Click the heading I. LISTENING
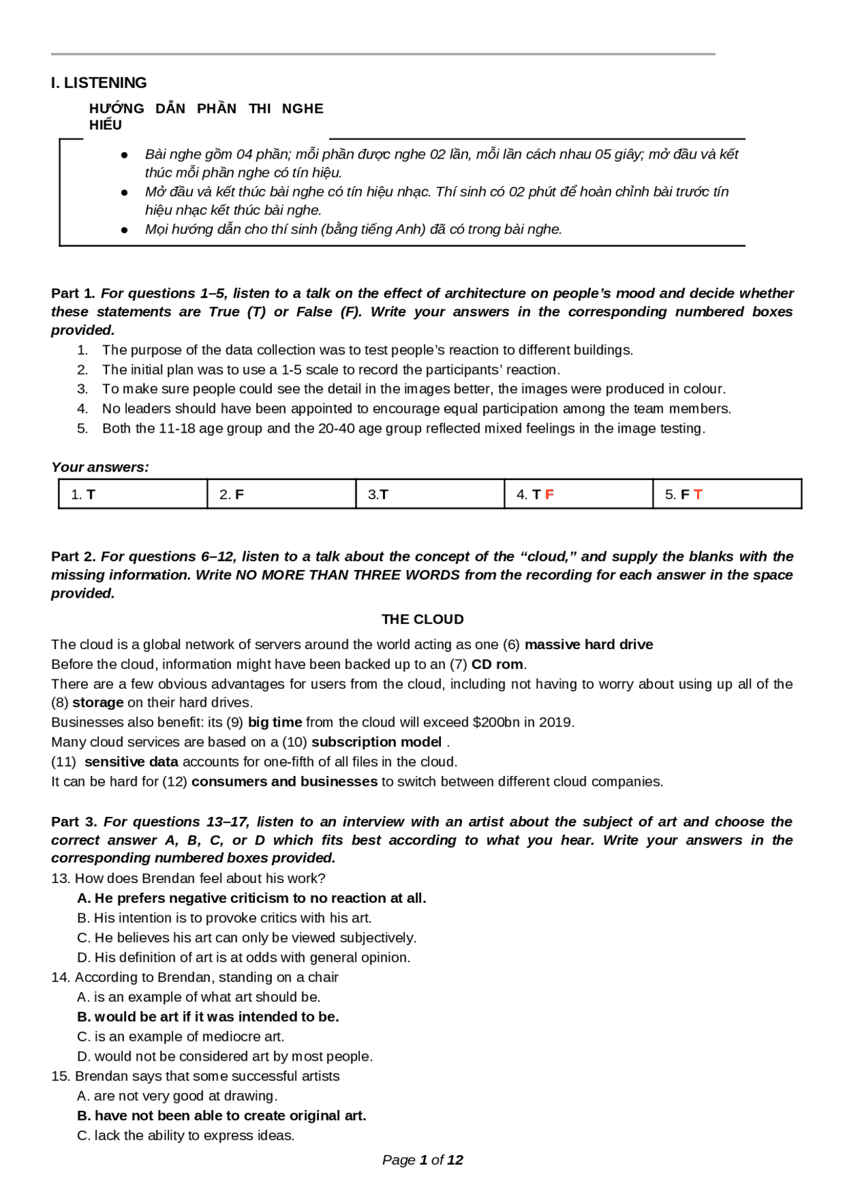99,83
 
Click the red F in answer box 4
549,495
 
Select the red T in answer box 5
698,495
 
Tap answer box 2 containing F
281,494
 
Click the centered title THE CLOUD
422,619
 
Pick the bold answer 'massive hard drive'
588,645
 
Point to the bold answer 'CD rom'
497,664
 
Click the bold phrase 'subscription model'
376,742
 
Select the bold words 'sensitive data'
131,762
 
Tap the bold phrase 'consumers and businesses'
285,782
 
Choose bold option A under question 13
252,898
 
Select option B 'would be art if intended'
208,1017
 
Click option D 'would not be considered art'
224,1057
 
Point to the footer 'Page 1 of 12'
422,1160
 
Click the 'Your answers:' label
100,468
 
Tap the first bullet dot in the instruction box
124,155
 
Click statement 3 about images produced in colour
413,389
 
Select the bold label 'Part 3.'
74,822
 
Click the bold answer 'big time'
275,722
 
